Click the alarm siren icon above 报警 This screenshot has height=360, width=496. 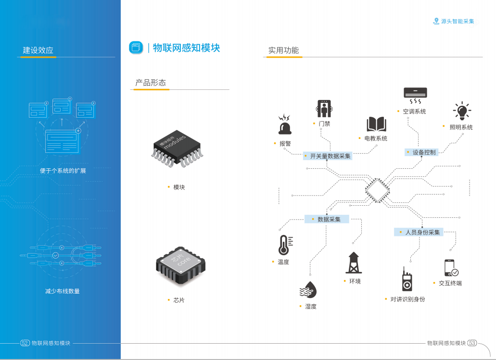click(x=285, y=124)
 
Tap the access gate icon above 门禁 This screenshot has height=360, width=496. click(x=324, y=109)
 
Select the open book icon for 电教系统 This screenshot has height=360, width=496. click(x=376, y=124)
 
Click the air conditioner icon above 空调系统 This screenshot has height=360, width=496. click(x=415, y=96)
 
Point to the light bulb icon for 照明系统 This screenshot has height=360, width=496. click(x=462, y=111)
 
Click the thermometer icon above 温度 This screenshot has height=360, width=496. click(x=284, y=245)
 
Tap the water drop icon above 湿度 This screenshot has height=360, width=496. click(x=308, y=290)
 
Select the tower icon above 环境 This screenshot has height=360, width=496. click(x=354, y=262)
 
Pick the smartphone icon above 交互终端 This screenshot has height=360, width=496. click(x=451, y=268)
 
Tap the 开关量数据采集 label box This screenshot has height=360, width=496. click(x=328, y=156)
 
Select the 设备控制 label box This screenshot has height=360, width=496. click(x=421, y=152)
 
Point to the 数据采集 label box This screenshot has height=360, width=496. click(x=327, y=219)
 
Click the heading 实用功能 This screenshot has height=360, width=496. click(x=283, y=50)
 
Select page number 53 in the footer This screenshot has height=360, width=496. click(x=472, y=343)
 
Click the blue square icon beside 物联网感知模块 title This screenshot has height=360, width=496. click(x=136, y=47)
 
